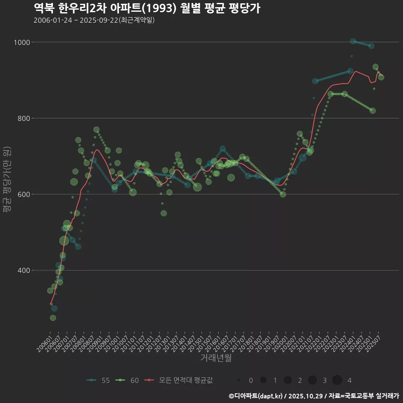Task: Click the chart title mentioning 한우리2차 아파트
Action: pos(147,8)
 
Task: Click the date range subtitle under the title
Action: pos(94,20)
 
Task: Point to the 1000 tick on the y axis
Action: pos(22,42)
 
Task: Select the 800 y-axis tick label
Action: pos(24,118)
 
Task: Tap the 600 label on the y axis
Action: pos(24,194)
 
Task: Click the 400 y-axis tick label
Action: pos(24,270)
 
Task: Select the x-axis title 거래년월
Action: pos(216,358)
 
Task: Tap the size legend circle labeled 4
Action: pos(337,380)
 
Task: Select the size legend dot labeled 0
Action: pos(238,380)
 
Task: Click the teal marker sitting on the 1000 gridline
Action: pos(353,41)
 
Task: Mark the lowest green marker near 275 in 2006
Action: pos(53,318)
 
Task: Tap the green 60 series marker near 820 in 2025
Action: pos(373,111)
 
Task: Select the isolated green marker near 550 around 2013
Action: pos(164,213)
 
